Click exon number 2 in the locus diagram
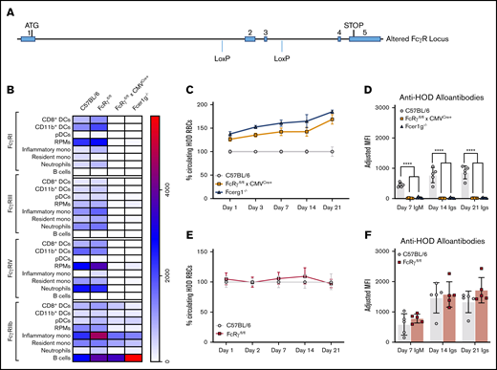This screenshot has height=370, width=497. (250, 32)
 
